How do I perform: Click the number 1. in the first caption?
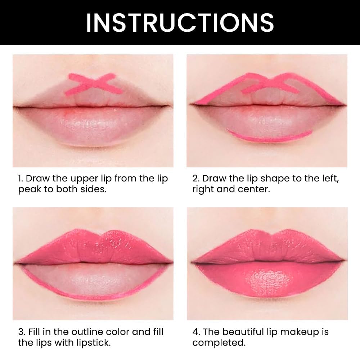point(21,179)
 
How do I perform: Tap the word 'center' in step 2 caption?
point(255,189)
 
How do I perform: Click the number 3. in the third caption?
point(21,332)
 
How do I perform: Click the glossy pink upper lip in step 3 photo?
point(93,245)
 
